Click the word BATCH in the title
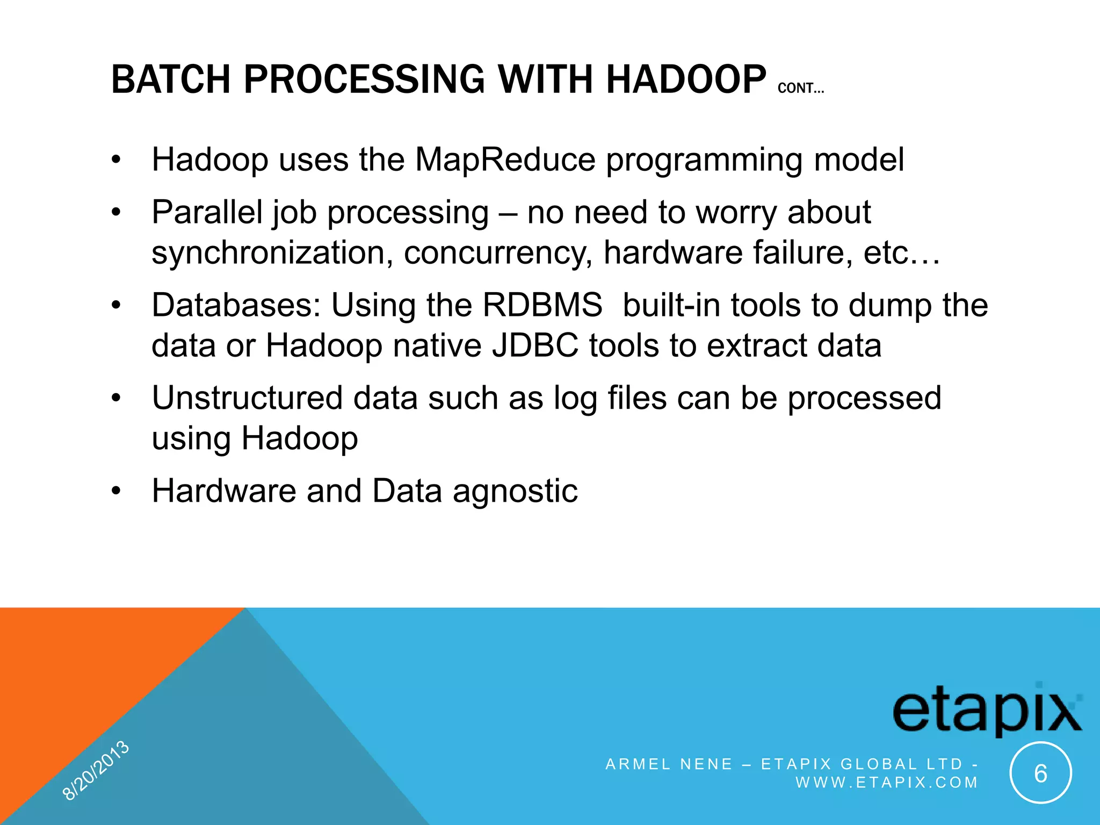pyautogui.click(x=171, y=79)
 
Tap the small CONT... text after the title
pyautogui.click(x=800, y=88)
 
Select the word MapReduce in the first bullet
pyautogui.click(x=505, y=160)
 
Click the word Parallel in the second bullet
pyautogui.click(x=207, y=212)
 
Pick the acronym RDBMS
pyautogui.click(x=542, y=305)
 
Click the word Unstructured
pyautogui.click(x=247, y=398)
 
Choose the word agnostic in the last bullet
pyautogui.click(x=515, y=491)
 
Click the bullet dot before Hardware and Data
pyautogui.click(x=117, y=491)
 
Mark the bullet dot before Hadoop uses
pyautogui.click(x=117, y=160)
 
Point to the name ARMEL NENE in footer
pyautogui.click(x=669, y=764)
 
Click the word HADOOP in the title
pyautogui.click(x=686, y=79)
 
